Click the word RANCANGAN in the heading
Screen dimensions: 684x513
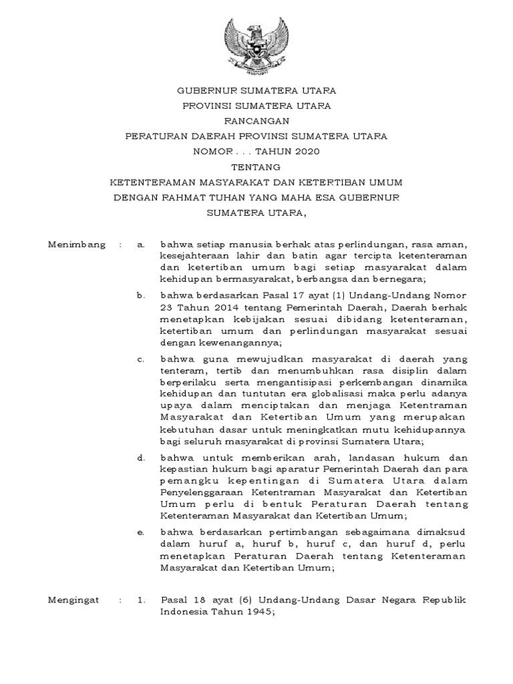pos(256,120)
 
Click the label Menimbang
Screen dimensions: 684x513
pos(77,245)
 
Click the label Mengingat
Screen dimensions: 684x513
pos(73,601)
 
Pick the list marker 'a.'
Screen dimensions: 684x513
pos(141,245)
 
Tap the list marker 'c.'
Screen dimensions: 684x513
pos(141,359)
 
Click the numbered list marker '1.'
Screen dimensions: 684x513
pos(141,601)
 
